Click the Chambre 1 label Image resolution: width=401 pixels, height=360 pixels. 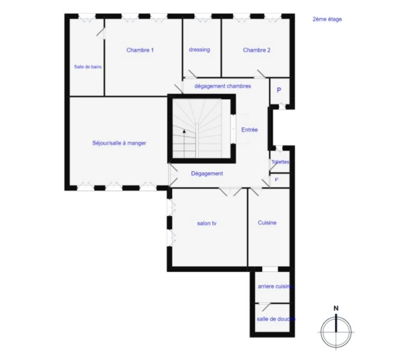(140, 50)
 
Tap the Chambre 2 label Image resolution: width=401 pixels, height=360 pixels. (257, 50)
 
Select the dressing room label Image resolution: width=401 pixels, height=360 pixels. (200, 50)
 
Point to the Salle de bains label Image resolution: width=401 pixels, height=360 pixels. (88, 67)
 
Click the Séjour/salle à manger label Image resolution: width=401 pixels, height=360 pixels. (119, 143)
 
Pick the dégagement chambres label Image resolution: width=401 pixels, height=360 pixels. (223, 86)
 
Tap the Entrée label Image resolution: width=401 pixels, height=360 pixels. (249, 130)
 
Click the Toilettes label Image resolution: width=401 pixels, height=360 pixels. (280, 162)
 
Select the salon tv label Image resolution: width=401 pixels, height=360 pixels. (207, 224)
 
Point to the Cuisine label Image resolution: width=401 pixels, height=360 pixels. (267, 223)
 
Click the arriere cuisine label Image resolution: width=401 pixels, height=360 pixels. (275, 286)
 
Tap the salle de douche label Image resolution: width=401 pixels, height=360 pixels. (276, 319)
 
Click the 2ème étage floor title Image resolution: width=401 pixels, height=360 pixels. (327, 19)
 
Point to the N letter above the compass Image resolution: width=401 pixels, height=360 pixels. (336, 308)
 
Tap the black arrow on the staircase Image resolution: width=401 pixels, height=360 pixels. (184, 131)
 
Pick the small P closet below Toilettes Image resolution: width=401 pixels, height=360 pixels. (276, 180)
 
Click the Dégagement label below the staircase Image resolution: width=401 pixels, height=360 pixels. (207, 173)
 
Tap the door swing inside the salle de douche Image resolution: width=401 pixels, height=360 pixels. (265, 307)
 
